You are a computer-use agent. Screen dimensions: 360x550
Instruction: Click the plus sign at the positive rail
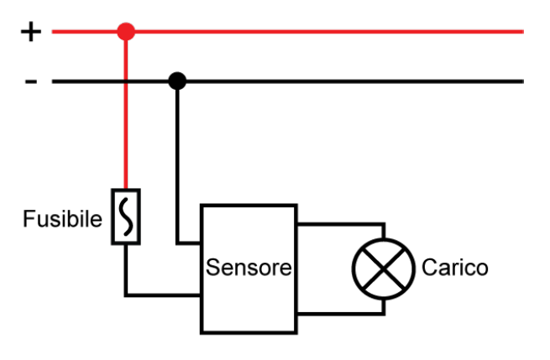[x=30, y=33]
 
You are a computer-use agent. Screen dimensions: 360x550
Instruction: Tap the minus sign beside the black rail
[x=31, y=81]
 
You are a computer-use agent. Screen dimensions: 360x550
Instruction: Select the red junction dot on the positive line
[x=126, y=33]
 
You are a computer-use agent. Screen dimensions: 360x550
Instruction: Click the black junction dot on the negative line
[x=177, y=81]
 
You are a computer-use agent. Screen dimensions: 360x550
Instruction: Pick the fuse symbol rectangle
[x=126, y=217]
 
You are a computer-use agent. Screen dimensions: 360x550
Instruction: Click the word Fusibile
[x=62, y=220]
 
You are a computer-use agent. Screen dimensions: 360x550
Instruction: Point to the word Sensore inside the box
[x=249, y=269]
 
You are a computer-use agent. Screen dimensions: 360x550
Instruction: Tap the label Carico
[x=454, y=269]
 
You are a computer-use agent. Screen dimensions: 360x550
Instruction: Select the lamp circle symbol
[x=383, y=269]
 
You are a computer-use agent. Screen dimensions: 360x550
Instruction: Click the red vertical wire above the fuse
[x=126, y=134]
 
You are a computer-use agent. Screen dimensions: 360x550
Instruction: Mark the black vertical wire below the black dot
[x=177, y=159]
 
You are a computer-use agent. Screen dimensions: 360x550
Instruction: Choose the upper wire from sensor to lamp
[x=340, y=224]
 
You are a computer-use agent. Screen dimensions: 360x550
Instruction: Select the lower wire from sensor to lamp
[x=340, y=314]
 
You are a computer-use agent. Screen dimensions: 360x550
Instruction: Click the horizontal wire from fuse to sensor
[x=164, y=295]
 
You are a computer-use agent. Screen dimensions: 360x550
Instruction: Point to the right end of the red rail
[x=521, y=33]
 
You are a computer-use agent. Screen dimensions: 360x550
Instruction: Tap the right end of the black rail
[x=521, y=81]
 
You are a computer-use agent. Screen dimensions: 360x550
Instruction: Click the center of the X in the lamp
[x=383, y=269]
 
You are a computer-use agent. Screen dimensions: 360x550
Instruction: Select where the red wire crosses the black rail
[x=126, y=81]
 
